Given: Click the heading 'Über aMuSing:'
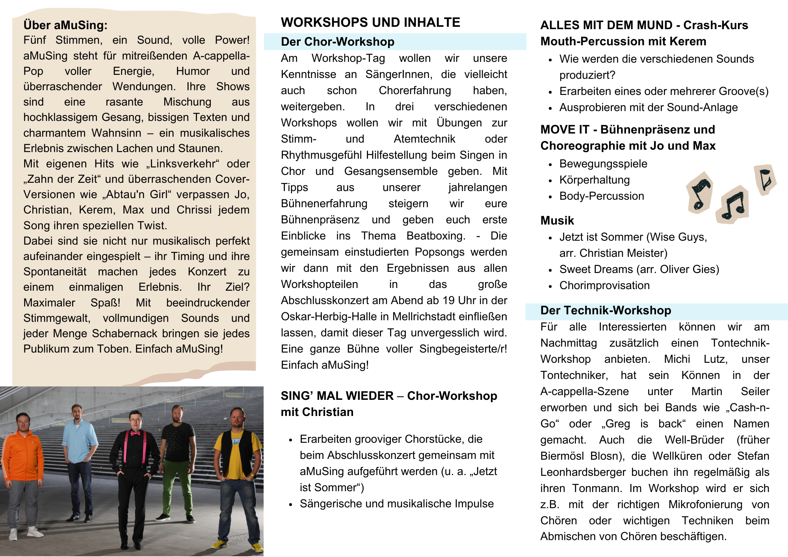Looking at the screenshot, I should point(65,25).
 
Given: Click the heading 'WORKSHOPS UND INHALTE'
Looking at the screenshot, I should point(370,22).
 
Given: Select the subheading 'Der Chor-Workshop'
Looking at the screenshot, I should point(338,42).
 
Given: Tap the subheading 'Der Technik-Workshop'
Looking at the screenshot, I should point(606,310).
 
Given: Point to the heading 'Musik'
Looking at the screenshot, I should point(557,221).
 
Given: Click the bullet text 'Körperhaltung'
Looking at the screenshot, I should point(595,180).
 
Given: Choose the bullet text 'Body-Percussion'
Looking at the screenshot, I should point(602,196).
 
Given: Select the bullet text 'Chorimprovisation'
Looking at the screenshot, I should point(604,286).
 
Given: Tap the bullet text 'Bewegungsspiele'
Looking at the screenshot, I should point(603,164).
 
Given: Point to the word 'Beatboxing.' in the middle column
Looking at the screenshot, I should point(436,236).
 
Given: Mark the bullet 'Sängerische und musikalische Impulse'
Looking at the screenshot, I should point(396,504).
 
